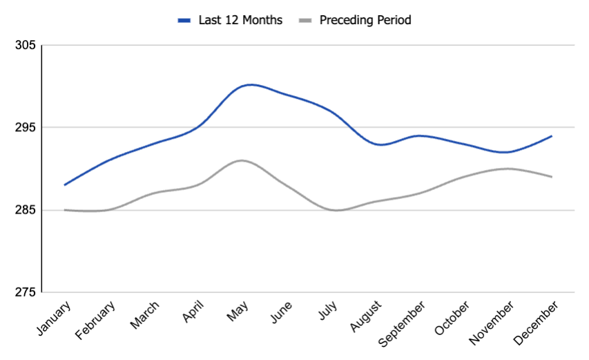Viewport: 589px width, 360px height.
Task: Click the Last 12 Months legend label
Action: [x=240, y=20]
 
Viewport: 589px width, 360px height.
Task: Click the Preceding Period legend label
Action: [x=365, y=20]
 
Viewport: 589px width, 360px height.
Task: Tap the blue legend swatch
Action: [x=184, y=21]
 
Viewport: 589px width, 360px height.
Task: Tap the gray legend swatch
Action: [x=306, y=21]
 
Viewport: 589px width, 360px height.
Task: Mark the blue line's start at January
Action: [x=64, y=185]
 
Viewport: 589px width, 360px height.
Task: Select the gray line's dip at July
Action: [x=336, y=210]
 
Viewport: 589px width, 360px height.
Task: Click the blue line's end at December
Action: [x=552, y=136]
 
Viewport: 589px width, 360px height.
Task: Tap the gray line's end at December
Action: [x=552, y=177]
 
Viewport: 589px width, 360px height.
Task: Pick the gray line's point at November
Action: [x=508, y=169]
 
